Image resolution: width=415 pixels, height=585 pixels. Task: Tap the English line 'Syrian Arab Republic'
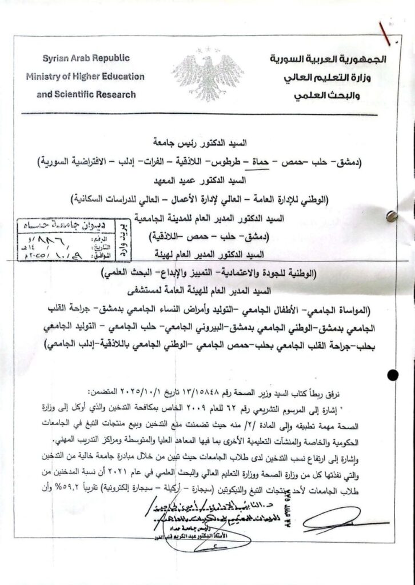coord(86,58)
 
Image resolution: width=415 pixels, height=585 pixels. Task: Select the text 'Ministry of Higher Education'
coord(85,77)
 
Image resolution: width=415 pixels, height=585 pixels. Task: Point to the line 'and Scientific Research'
coord(86,94)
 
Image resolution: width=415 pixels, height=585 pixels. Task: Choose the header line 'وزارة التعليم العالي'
coord(328,77)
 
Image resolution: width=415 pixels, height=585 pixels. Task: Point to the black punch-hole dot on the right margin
coord(393,375)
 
